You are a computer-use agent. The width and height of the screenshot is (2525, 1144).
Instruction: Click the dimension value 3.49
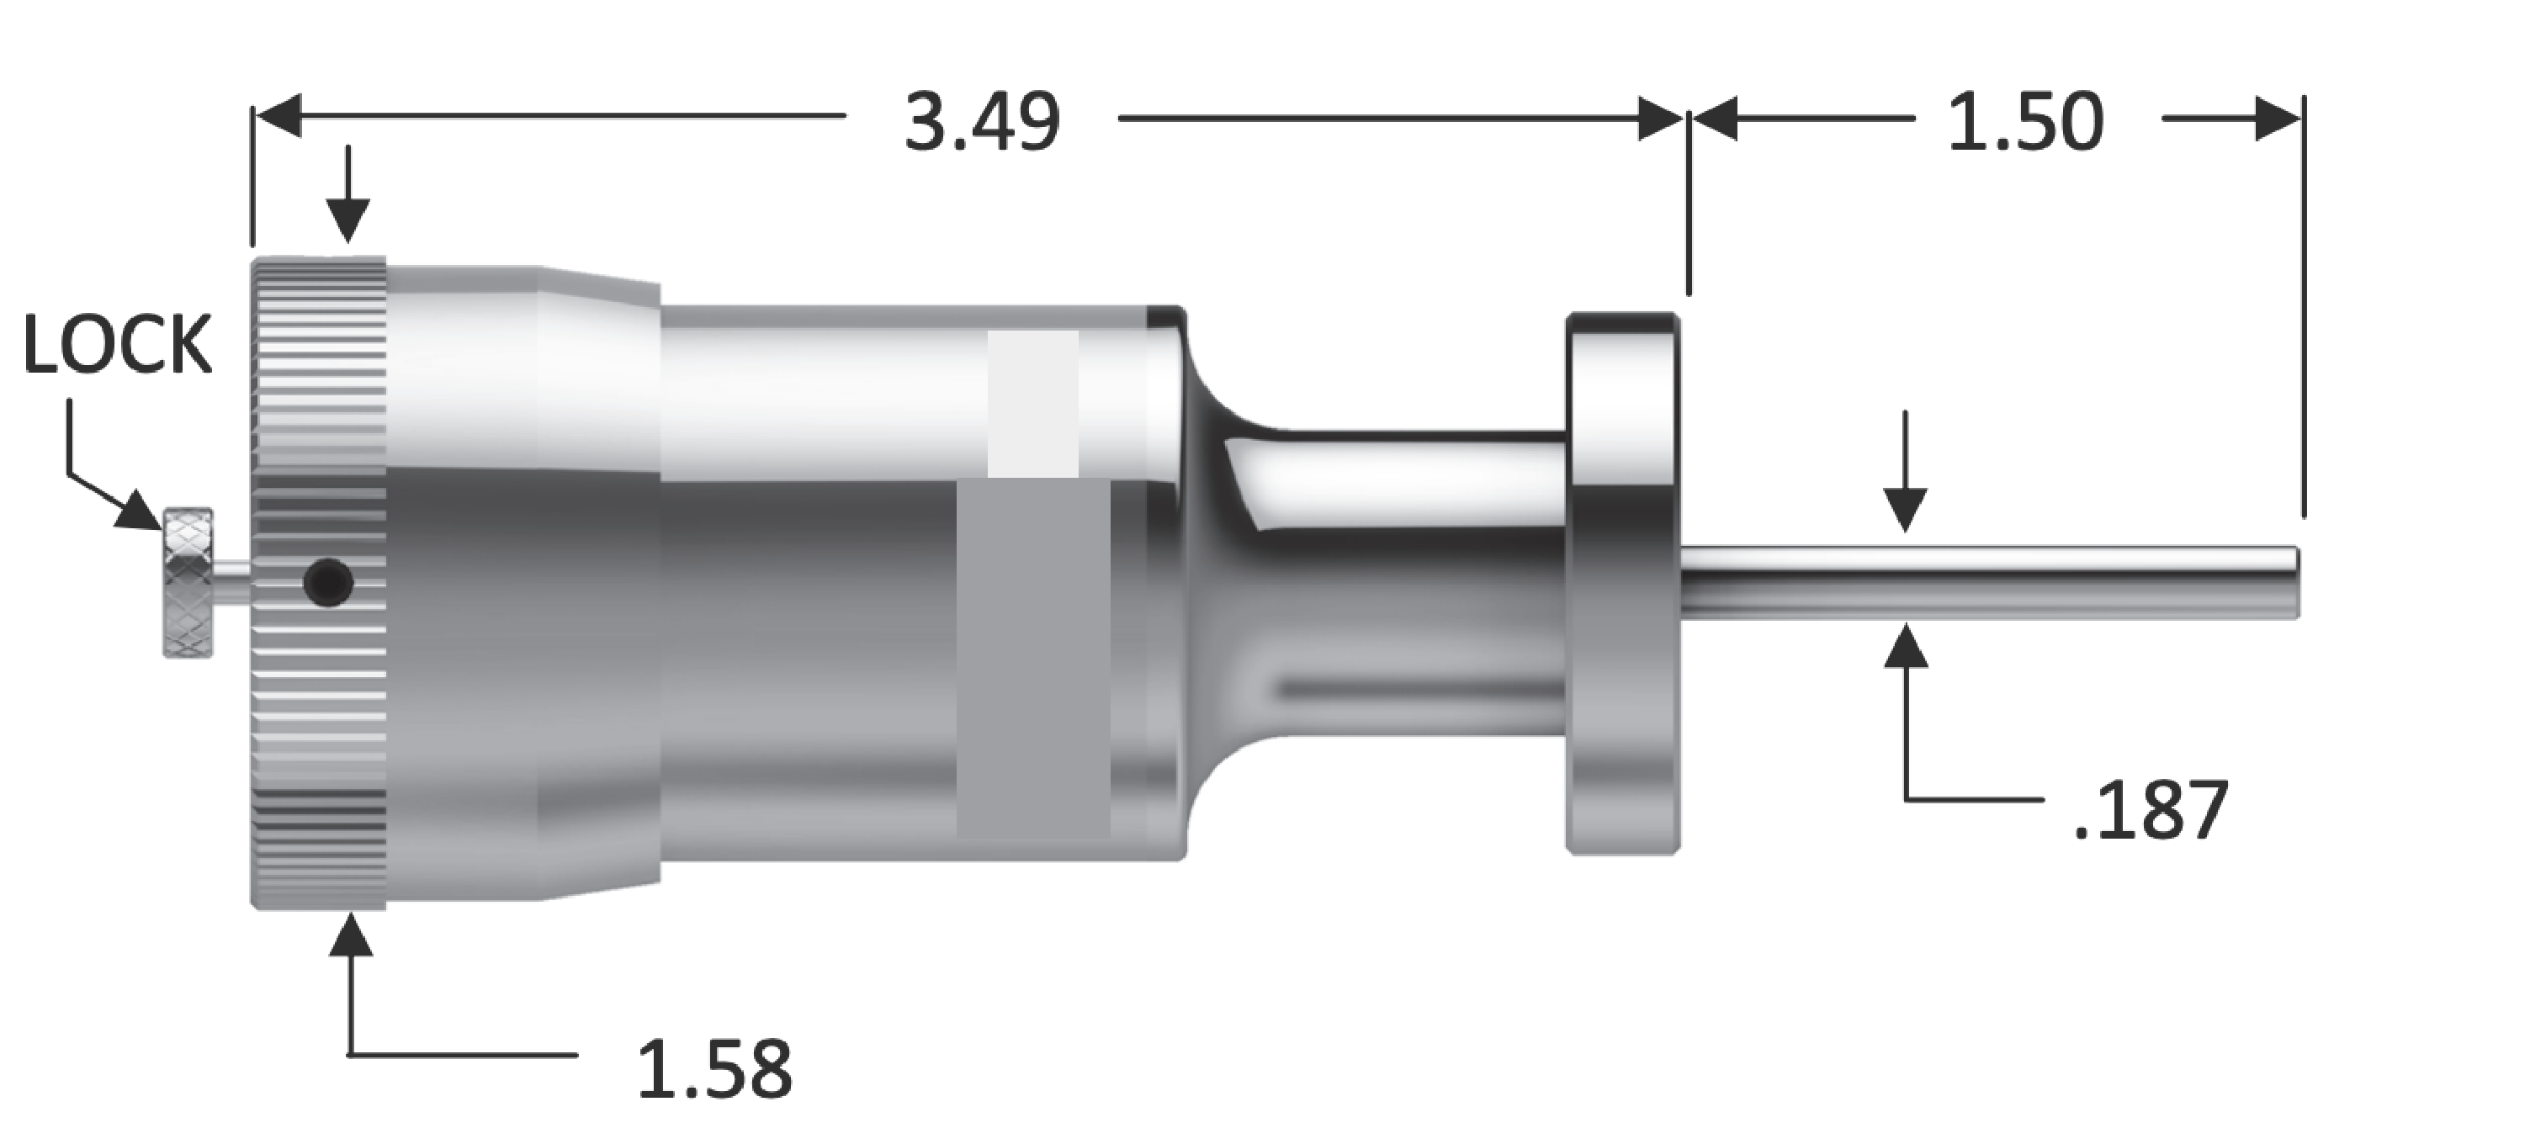click(981, 124)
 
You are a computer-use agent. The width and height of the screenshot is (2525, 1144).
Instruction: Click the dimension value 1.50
click(2025, 124)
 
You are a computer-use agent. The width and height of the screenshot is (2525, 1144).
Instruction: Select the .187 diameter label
click(2151, 811)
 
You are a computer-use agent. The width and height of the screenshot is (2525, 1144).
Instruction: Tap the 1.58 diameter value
click(714, 1069)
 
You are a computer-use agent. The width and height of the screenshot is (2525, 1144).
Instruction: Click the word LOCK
click(117, 345)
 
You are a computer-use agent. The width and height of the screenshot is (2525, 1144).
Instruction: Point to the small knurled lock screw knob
click(188, 582)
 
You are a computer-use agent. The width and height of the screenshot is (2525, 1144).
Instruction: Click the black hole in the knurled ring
click(327, 582)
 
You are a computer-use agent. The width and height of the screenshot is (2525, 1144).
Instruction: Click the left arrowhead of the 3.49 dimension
click(278, 118)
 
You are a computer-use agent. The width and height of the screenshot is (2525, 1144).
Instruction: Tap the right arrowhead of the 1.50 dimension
click(2278, 119)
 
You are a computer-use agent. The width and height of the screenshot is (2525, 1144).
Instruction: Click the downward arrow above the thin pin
click(1905, 508)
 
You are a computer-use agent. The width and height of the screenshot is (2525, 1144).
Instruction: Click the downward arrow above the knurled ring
click(348, 218)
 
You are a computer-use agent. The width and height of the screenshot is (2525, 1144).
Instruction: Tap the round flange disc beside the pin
click(1622, 582)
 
